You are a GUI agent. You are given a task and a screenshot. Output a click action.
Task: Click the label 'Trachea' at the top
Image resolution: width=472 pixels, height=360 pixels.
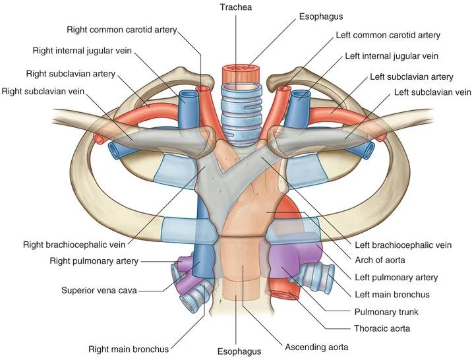235,7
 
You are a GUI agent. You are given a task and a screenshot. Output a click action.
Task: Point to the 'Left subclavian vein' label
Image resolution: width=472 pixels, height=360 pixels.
432,92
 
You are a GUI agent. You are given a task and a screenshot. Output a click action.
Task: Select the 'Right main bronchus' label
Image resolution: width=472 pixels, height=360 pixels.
129,347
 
